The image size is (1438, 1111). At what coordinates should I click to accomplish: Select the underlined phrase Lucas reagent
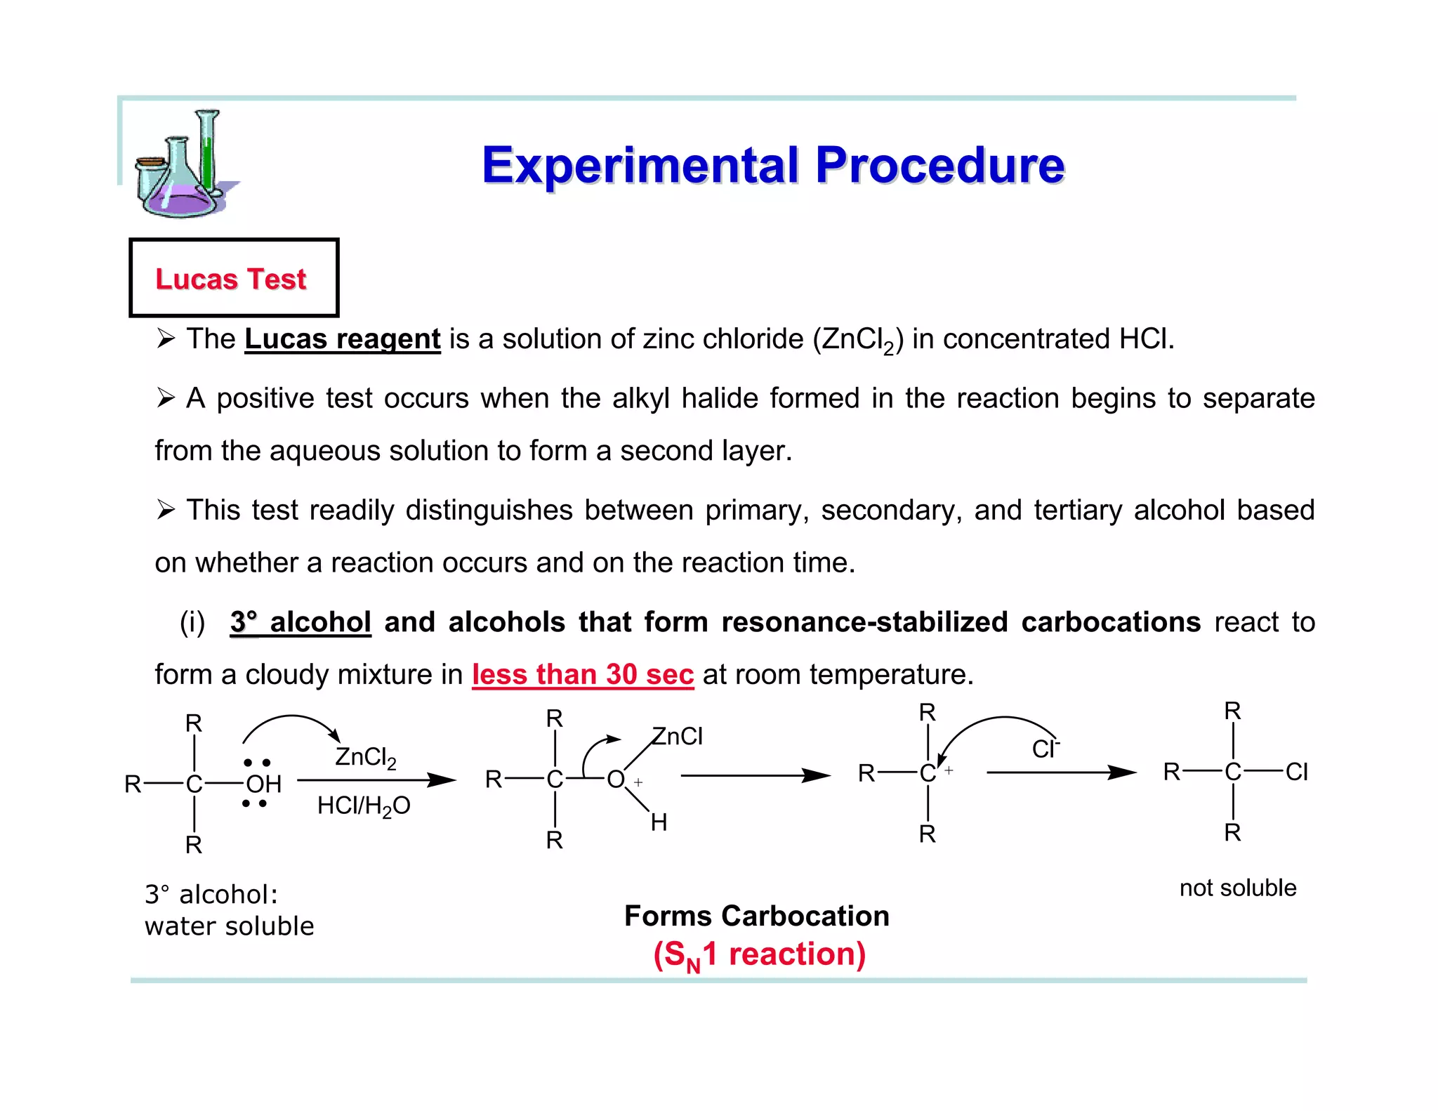coord(342,339)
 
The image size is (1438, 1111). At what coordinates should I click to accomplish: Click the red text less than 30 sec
coord(582,675)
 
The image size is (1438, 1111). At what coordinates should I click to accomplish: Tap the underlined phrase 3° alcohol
coord(300,622)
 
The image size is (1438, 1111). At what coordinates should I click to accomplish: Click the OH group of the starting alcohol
coord(263,784)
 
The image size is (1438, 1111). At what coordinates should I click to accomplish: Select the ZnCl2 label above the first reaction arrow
coord(365,757)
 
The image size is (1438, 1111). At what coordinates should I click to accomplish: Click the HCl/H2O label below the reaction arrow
coord(363,806)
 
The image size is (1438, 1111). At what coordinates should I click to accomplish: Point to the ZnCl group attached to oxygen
coord(677,736)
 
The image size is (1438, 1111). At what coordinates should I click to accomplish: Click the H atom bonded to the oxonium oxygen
coord(658,822)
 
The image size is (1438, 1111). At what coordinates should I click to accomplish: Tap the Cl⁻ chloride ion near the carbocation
coord(1045,749)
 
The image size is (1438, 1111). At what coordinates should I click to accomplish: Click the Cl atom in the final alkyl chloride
coord(1296,772)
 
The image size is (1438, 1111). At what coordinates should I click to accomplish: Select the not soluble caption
coord(1237,888)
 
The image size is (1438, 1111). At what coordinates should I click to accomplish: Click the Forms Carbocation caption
coord(756,916)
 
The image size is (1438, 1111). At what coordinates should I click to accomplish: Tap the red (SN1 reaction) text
coord(759,954)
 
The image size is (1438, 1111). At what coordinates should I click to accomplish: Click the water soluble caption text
coord(229,926)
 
